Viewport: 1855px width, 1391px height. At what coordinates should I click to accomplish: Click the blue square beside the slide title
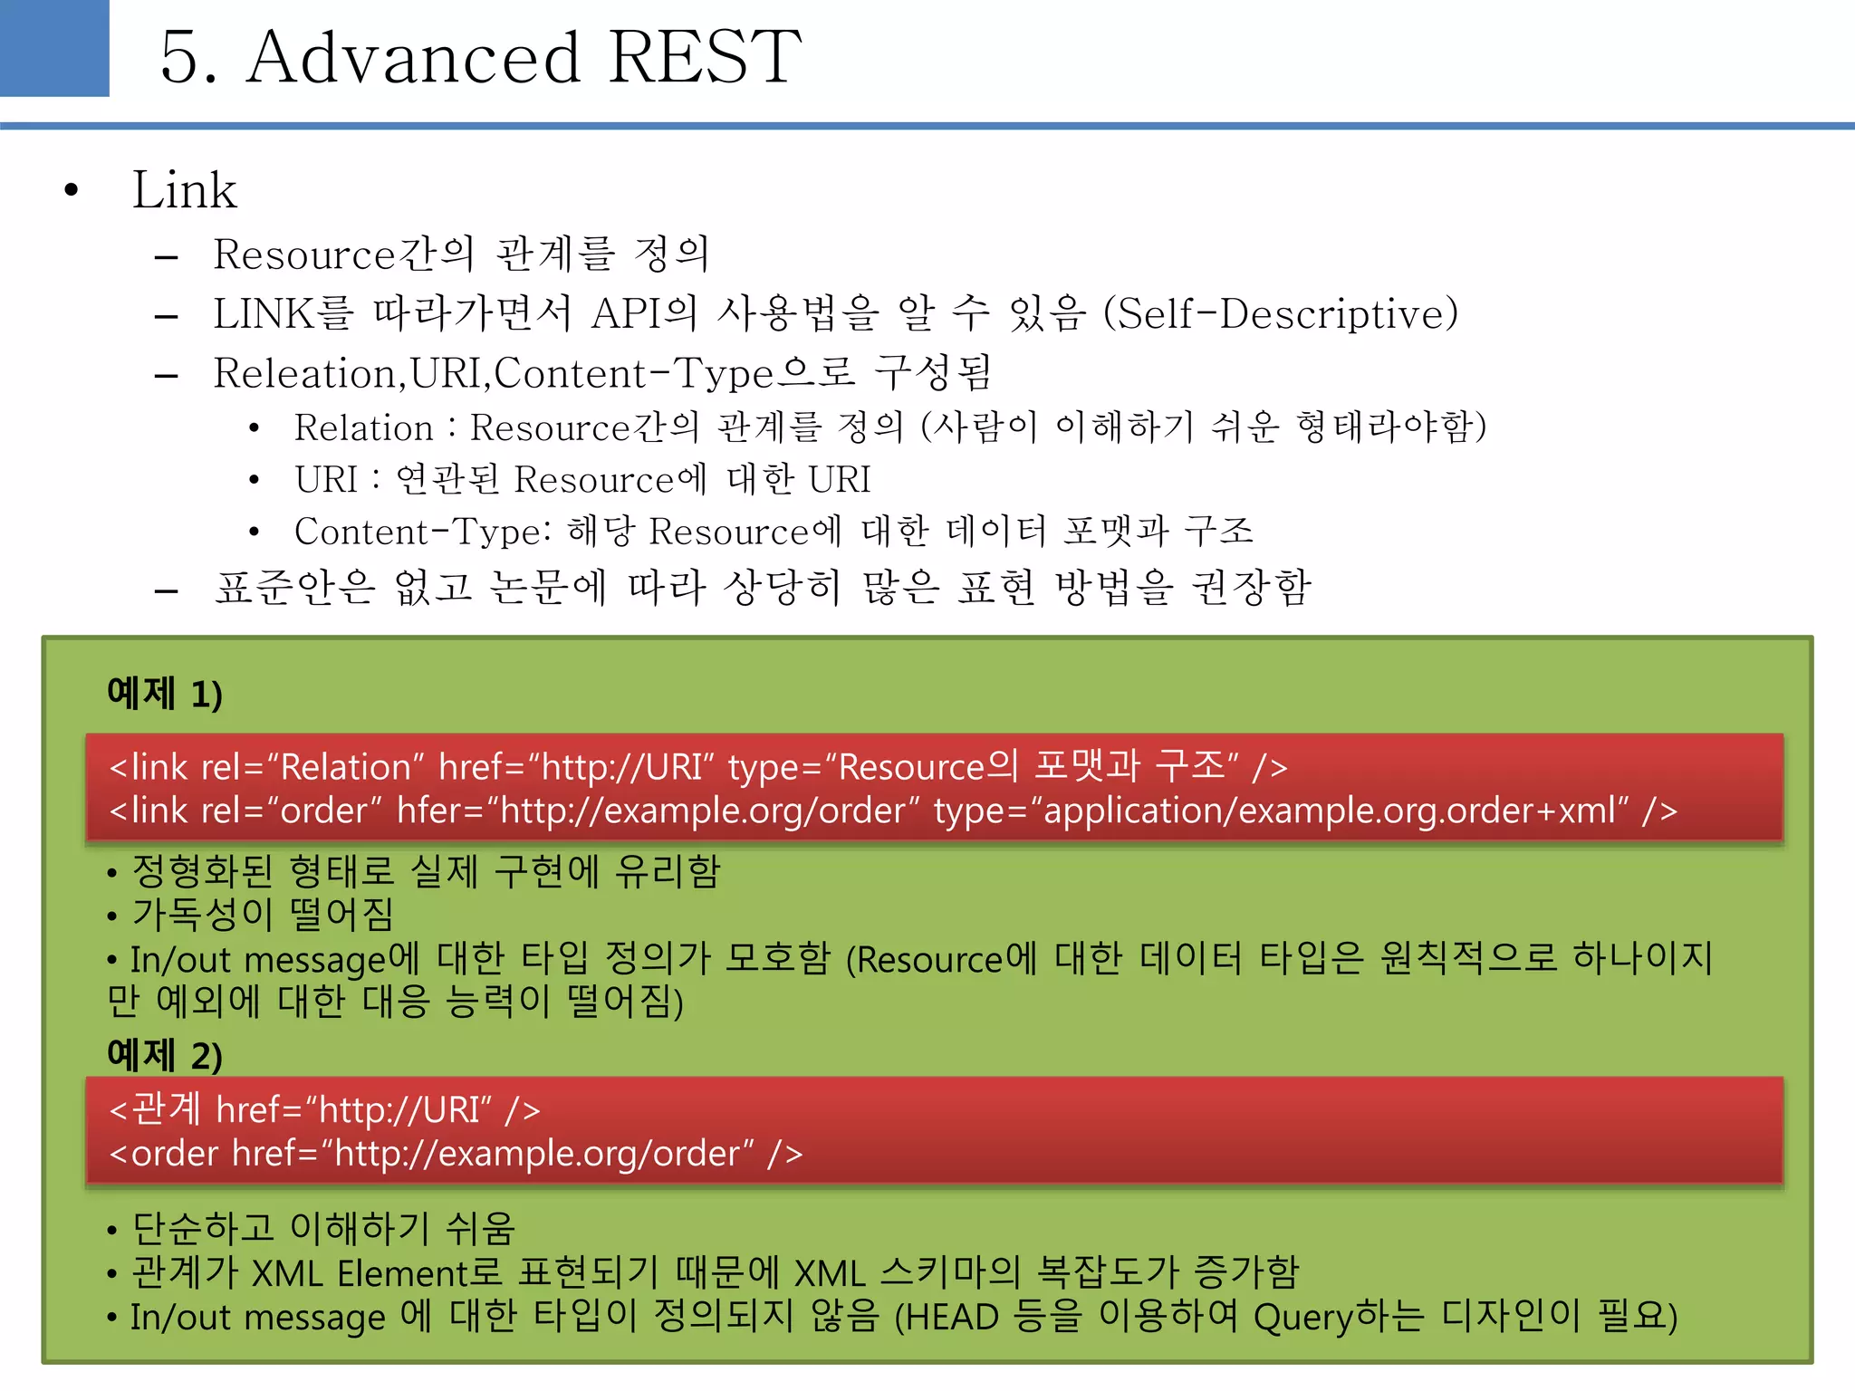coord(54,47)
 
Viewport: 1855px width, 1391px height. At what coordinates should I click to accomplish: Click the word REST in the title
coord(705,57)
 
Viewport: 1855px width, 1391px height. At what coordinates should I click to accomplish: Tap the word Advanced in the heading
coord(413,57)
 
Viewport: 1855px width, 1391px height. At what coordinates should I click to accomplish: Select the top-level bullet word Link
coord(185,190)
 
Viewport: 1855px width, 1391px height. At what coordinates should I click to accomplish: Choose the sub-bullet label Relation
coord(364,427)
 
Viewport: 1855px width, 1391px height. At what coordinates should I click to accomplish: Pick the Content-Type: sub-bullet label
coord(423,532)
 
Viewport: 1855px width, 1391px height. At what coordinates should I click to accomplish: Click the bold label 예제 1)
coord(164,694)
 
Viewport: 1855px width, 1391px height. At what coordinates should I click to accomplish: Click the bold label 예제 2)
coord(164,1055)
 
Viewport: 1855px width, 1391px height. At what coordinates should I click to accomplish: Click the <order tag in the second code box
coord(164,1154)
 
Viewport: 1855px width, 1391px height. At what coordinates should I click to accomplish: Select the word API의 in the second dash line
coord(644,314)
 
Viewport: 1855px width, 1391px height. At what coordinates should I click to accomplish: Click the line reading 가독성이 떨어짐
coord(263,914)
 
